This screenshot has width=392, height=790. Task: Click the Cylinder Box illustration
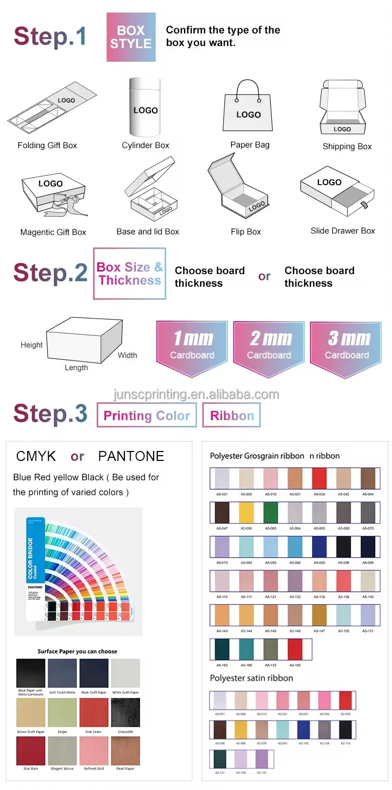click(x=145, y=107)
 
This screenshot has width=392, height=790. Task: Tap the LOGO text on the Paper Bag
click(x=248, y=115)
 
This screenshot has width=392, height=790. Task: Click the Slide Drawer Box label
click(x=342, y=231)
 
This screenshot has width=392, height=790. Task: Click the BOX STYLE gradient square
click(x=131, y=37)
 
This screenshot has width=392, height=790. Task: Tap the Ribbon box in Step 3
click(x=232, y=415)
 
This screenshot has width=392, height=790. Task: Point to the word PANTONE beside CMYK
click(x=131, y=456)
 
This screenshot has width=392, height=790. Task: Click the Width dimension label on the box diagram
click(x=127, y=355)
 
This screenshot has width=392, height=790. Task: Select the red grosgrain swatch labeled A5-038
click(x=319, y=478)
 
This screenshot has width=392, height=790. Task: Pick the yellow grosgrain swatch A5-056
click(x=246, y=513)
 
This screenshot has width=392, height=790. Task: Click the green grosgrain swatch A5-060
click(x=270, y=513)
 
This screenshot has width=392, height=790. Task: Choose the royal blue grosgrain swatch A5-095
click(x=319, y=547)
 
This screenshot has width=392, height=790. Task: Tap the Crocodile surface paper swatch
click(x=125, y=713)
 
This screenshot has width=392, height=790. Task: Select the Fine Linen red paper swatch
click(x=94, y=713)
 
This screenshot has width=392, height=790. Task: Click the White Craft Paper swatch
click(x=125, y=673)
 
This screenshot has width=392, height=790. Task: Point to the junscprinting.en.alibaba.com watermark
click(x=196, y=394)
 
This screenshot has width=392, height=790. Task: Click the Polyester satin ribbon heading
click(x=251, y=678)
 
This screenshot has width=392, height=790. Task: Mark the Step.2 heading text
click(x=50, y=273)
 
